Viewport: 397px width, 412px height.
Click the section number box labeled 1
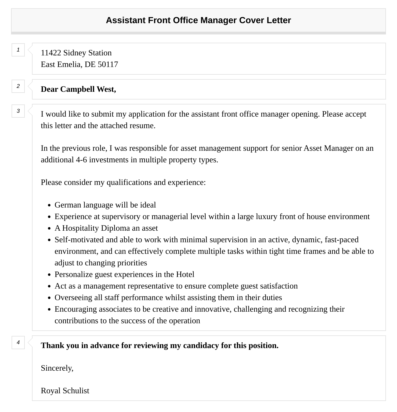click(x=18, y=50)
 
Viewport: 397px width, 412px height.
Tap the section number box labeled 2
click(x=18, y=86)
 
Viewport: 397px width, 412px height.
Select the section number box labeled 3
click(x=18, y=111)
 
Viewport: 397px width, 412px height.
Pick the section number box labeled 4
click(x=18, y=343)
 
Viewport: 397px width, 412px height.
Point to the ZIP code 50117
click(x=108, y=64)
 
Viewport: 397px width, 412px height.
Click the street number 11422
click(x=51, y=53)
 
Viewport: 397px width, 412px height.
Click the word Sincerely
click(x=57, y=368)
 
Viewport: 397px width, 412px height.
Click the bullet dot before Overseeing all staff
click(x=49, y=298)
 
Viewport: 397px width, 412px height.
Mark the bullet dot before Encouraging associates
click(x=49, y=309)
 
